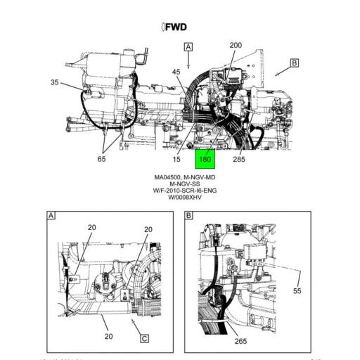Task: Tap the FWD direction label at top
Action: [176, 27]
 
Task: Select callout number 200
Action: [236, 46]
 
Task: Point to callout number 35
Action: [55, 82]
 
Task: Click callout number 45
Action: [176, 72]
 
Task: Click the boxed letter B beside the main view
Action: [294, 63]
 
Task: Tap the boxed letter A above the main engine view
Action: [188, 47]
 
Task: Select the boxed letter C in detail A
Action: [144, 338]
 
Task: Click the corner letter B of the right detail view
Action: [188, 215]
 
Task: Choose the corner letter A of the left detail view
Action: [51, 215]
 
